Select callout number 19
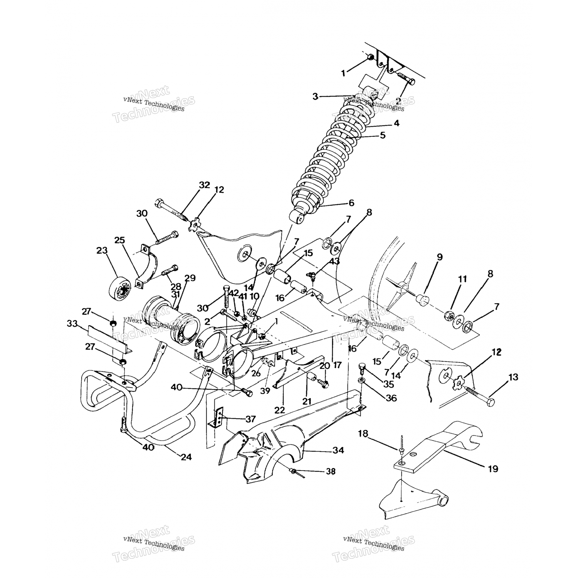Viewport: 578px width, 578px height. (493, 469)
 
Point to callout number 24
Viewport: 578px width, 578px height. (186, 457)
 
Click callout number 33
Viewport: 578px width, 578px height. (72, 323)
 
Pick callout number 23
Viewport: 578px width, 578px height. (102, 250)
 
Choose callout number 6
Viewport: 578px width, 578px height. (351, 203)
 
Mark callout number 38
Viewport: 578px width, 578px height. (331, 471)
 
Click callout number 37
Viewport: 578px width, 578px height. (250, 419)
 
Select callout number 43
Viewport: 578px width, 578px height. (334, 261)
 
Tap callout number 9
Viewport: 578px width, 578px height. (440, 257)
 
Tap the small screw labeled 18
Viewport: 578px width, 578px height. (402, 447)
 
